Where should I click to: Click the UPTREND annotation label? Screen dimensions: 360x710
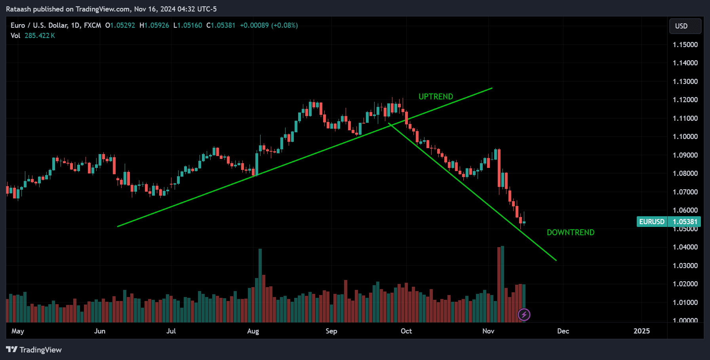436,97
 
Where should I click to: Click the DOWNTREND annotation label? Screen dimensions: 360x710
570,232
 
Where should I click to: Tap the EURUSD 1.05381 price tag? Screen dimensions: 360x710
668,222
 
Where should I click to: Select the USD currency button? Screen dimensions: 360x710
685,26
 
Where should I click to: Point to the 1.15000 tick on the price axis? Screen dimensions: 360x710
685,45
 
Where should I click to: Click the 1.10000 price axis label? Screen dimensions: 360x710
685,137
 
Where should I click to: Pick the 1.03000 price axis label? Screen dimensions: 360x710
685,266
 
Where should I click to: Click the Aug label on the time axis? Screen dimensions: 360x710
253,331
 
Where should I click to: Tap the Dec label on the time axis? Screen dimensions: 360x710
563,331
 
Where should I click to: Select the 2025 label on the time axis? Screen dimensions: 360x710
641,331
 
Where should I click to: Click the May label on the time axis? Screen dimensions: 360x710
18,331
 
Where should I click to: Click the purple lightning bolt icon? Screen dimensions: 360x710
524,315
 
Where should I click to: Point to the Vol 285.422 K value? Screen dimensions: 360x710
40,36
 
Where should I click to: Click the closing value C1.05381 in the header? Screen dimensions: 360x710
221,25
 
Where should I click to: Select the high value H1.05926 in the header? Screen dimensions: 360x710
154,25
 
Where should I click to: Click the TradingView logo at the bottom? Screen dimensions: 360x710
34,350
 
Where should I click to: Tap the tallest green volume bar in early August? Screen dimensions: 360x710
260,285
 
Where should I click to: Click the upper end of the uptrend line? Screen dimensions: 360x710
492,88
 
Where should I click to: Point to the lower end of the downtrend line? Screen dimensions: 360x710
556,260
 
